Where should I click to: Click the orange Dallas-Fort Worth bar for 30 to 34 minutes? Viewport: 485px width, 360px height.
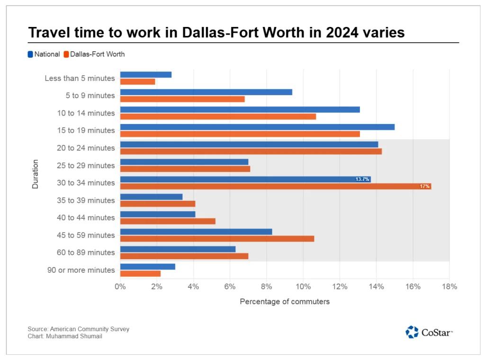point(275,186)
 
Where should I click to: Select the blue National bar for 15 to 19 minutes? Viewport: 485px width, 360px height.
point(257,127)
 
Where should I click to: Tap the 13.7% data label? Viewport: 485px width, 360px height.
point(362,180)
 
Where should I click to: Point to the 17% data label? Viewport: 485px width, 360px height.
point(424,187)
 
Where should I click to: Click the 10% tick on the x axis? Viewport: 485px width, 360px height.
point(303,287)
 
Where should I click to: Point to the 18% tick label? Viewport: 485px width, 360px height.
point(449,287)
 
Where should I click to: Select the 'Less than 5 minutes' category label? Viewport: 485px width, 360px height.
point(80,78)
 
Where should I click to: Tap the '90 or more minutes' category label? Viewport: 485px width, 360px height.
point(81,270)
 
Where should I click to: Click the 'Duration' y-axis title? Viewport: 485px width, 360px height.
point(36,174)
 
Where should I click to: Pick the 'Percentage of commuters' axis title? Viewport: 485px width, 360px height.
point(285,302)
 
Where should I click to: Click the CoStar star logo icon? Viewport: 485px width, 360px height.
point(412,332)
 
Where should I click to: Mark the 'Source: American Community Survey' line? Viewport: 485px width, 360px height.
point(78,329)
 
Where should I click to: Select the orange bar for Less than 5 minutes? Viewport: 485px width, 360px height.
point(138,81)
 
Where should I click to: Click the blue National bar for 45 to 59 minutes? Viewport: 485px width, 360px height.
point(196,232)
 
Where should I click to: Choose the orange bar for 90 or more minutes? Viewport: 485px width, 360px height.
point(140,273)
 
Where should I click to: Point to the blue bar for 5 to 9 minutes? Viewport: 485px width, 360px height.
point(206,92)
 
